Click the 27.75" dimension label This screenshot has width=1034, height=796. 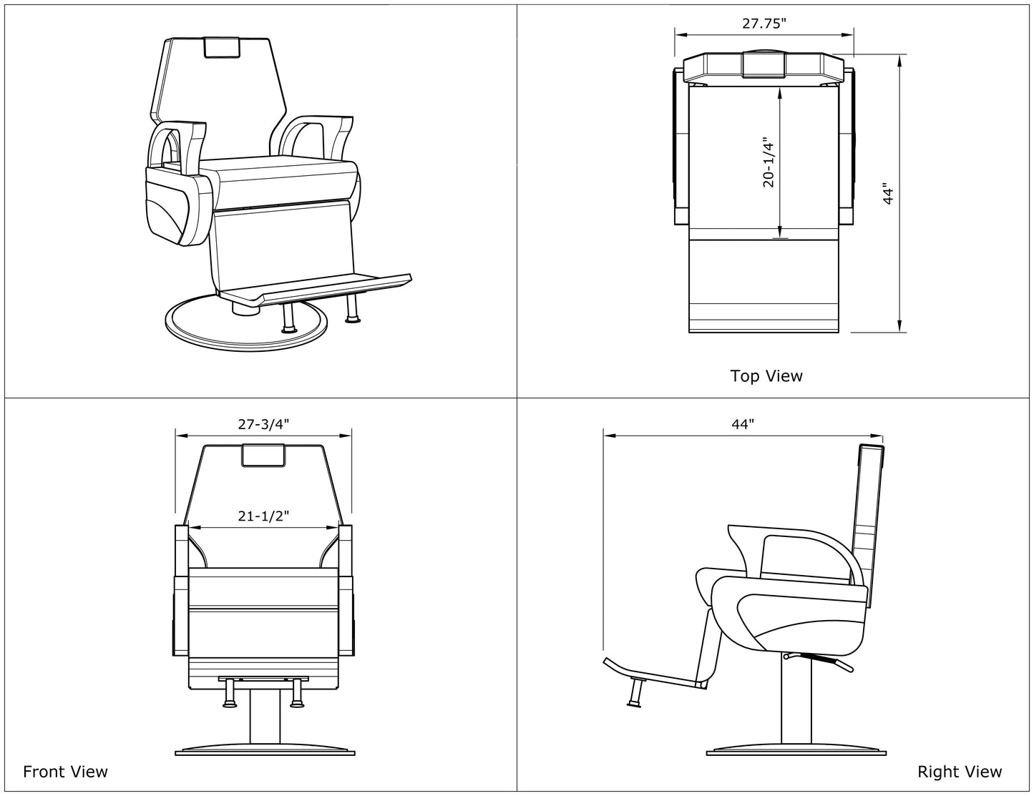click(x=764, y=24)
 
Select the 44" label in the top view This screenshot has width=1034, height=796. click(x=888, y=194)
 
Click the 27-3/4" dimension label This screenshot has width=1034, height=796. click(x=263, y=423)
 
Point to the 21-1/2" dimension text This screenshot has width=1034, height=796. click(x=263, y=516)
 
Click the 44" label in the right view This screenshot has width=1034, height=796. click(x=743, y=423)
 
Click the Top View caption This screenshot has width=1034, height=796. click(x=766, y=375)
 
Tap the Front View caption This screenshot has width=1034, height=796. click(x=65, y=771)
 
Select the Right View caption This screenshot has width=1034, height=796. click(x=960, y=771)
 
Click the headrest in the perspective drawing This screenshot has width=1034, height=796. click(x=222, y=47)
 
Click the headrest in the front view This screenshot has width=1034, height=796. click(x=263, y=455)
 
